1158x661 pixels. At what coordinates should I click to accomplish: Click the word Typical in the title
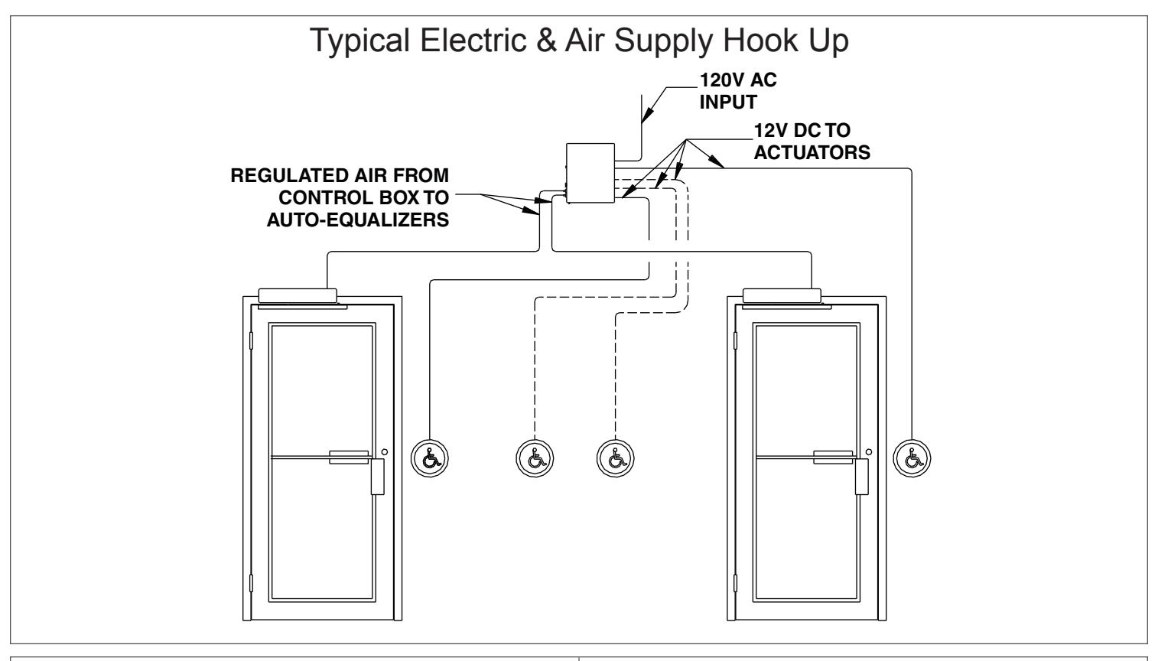coord(359,41)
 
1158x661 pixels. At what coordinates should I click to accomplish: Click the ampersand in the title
coord(546,41)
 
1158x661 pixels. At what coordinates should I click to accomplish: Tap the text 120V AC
coord(737,80)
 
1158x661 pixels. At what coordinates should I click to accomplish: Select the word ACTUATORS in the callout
coord(812,152)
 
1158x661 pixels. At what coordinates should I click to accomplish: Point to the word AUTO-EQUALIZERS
coord(358,220)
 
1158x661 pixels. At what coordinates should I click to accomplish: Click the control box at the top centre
coord(590,173)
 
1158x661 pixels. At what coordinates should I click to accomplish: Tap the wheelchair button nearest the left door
coord(430,458)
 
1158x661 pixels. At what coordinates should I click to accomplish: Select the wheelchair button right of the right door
coord(912,458)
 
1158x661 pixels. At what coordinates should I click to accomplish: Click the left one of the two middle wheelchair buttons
coord(535,458)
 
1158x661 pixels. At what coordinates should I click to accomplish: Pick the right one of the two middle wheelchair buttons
coord(615,458)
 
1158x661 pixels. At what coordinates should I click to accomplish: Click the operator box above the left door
coord(298,296)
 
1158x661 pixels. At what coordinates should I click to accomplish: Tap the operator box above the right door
coord(782,296)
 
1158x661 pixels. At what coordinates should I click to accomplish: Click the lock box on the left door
coord(377,477)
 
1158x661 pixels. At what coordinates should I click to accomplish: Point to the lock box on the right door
coord(862,477)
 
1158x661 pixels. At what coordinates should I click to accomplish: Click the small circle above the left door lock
coord(385,452)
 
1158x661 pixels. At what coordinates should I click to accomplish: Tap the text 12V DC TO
coord(802,130)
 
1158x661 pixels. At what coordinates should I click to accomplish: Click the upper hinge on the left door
coord(251,340)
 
